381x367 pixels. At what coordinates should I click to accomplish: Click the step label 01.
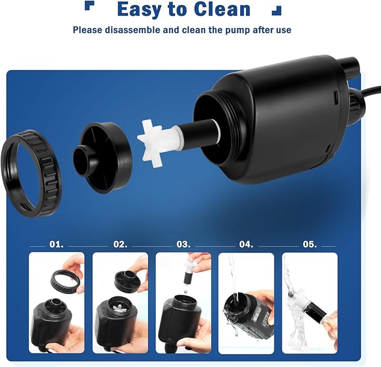pyautogui.click(x=57, y=245)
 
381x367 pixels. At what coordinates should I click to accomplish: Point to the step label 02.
pyautogui.click(x=120, y=245)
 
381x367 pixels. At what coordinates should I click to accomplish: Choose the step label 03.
pyautogui.click(x=183, y=245)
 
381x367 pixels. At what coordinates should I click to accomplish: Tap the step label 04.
pyautogui.click(x=246, y=245)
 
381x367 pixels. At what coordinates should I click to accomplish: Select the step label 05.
pyautogui.click(x=310, y=245)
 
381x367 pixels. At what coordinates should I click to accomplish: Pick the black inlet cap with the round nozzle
pyautogui.click(x=104, y=157)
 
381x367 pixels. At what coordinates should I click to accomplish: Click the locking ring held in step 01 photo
pyautogui.click(x=62, y=279)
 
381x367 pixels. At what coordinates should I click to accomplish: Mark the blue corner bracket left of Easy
pyautogui.click(x=89, y=6)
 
